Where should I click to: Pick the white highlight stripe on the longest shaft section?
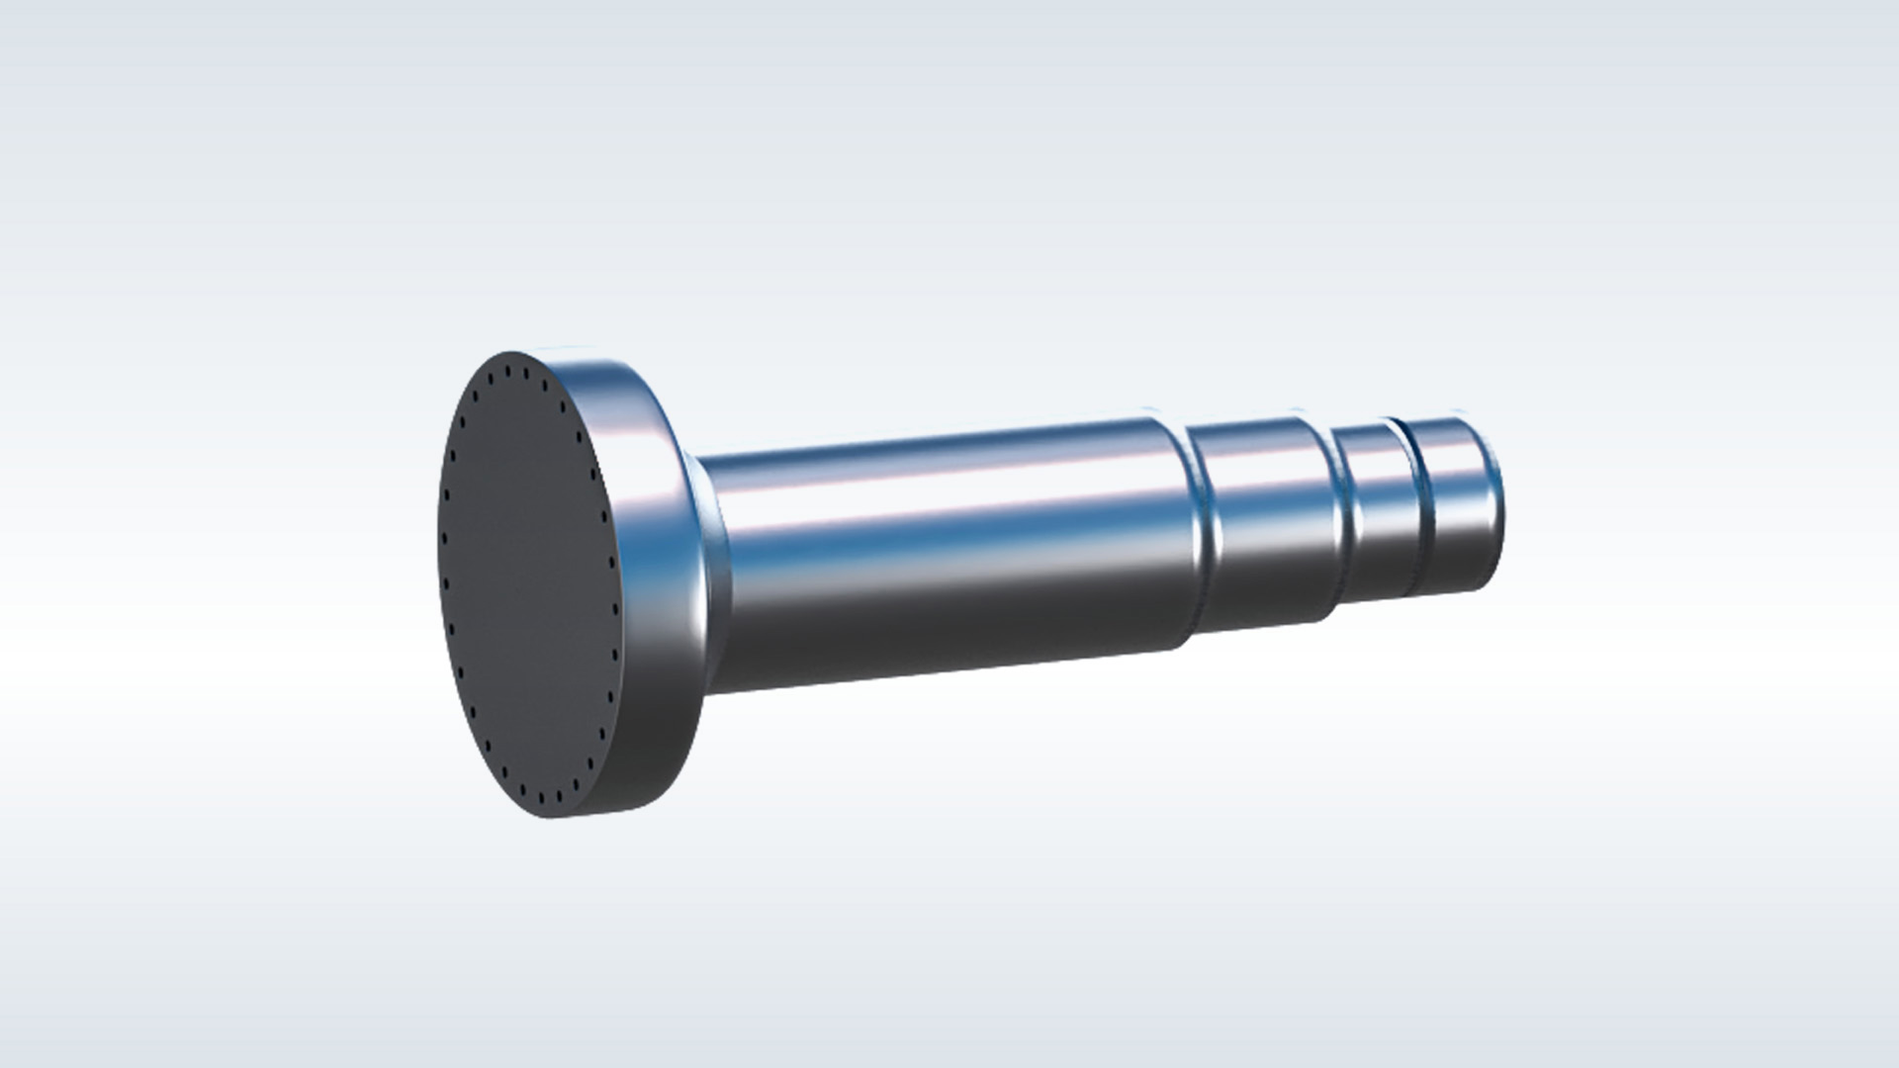(940, 494)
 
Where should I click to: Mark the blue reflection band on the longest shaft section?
(940, 539)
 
